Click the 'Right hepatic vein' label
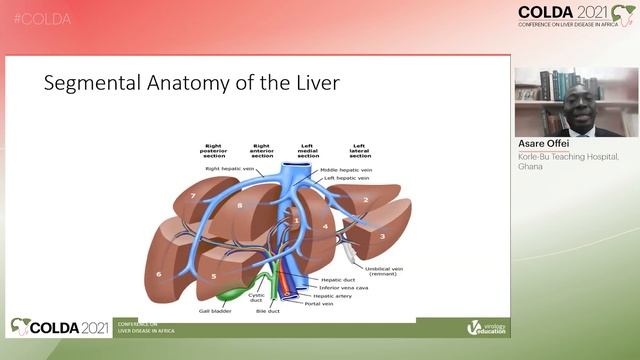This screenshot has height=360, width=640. coord(226,169)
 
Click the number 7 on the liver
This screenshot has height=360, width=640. coord(193,196)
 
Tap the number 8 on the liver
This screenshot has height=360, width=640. coord(240,205)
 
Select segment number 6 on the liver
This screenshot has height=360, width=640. coord(159,272)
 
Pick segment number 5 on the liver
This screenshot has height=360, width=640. coord(213,275)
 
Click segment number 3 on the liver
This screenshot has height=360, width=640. coord(380,237)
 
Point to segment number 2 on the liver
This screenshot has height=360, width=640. coord(367,200)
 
